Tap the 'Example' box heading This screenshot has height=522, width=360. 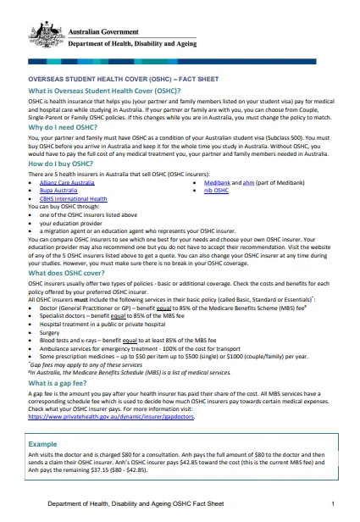42,443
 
